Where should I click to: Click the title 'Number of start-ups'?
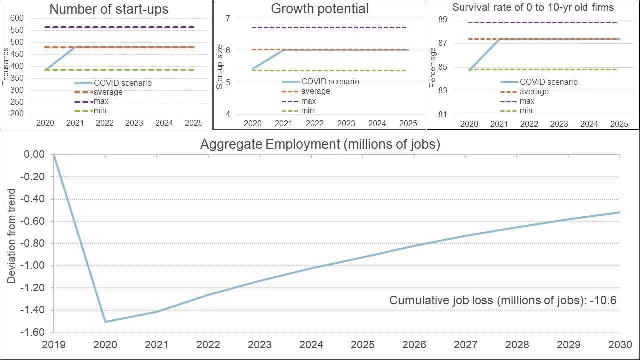pos(109,9)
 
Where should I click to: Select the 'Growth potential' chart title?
pos(320,9)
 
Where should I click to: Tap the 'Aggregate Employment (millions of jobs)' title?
pos(320,144)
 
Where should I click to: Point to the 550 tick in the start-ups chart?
pos(17,30)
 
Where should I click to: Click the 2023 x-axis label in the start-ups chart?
pos(134,123)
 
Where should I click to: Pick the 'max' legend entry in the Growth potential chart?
pos(299,101)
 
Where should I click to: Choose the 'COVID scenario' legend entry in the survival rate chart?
pos(539,82)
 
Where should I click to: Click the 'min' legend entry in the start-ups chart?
pos(90,111)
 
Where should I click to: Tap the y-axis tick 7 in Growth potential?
pos(228,19)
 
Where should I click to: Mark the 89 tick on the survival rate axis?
pos(443,19)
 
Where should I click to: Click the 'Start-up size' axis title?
pos(219,67)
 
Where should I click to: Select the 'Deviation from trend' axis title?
pos(11,236)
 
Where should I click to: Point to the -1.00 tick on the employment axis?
pos(33,265)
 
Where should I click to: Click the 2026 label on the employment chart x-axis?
pos(414,345)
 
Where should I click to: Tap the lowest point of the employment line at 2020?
pos(105,322)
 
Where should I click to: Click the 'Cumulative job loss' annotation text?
pos(503,300)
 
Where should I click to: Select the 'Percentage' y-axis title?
pos(433,67)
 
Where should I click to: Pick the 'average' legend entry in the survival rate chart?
pos(525,92)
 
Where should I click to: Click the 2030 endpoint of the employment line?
pos(620,212)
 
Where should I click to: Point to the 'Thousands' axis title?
pos(5,66)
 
